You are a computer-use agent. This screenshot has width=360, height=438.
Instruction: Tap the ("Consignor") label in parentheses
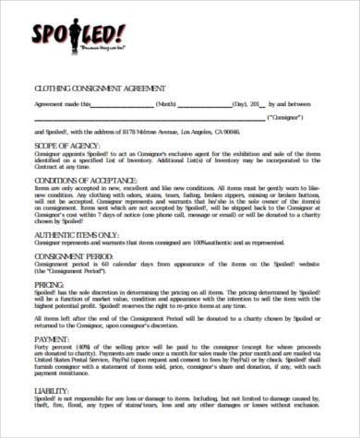point(290,118)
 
